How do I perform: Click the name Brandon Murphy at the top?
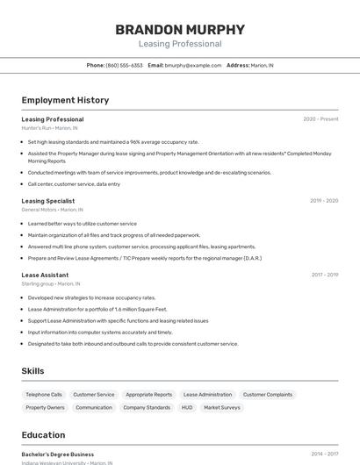(180, 30)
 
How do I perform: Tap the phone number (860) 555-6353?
(124, 65)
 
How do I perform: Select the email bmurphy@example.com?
(193, 65)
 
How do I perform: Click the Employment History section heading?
(65, 100)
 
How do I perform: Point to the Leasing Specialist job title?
(48, 201)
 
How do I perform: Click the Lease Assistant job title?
(45, 275)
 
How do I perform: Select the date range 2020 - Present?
(320, 119)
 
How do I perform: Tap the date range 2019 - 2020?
(324, 201)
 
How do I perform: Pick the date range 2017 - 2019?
(324, 275)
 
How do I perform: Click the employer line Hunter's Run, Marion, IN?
(49, 128)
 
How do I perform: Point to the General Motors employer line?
(52, 210)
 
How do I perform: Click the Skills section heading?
(32, 371)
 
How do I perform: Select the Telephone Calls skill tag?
(44, 395)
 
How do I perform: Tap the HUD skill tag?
(187, 408)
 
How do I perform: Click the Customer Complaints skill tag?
(268, 395)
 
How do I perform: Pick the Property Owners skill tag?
(45, 408)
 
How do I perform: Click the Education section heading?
(43, 435)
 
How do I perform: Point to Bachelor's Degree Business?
(58, 454)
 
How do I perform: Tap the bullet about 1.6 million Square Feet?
(97, 309)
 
